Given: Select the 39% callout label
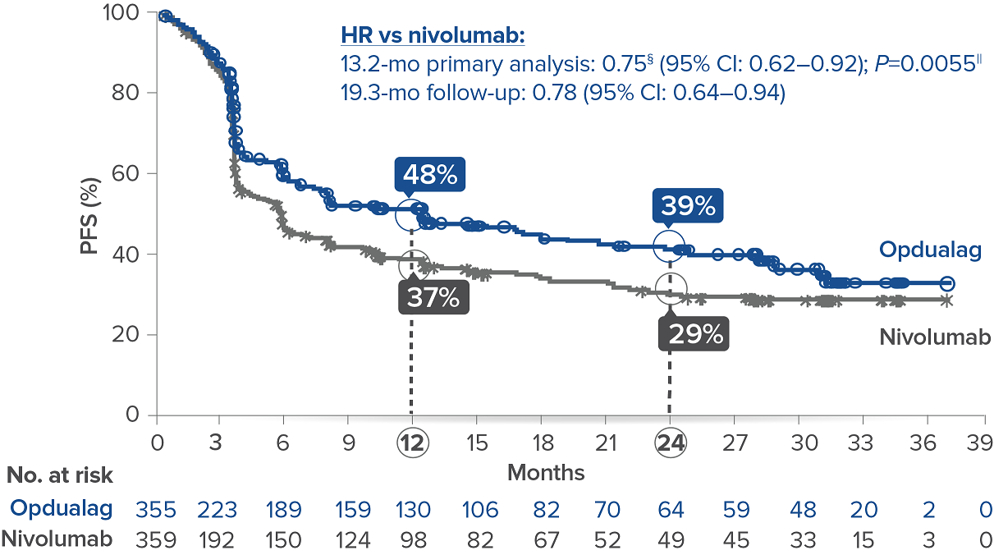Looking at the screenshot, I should [688, 206].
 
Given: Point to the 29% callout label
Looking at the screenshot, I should [694, 334].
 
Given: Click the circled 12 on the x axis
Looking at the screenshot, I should [410, 443].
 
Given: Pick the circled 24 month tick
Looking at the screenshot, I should [670, 443].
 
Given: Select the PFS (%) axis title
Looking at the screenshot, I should [91, 213].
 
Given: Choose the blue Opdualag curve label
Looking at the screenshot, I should [930, 250].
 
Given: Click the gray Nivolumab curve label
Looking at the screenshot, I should [934, 337].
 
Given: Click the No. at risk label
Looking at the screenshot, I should [60, 475].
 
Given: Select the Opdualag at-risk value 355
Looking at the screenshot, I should [156, 510].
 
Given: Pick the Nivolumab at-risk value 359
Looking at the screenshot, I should [156, 539].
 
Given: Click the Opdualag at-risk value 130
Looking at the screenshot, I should [412, 510].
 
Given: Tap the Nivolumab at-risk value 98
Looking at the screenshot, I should [412, 539].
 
